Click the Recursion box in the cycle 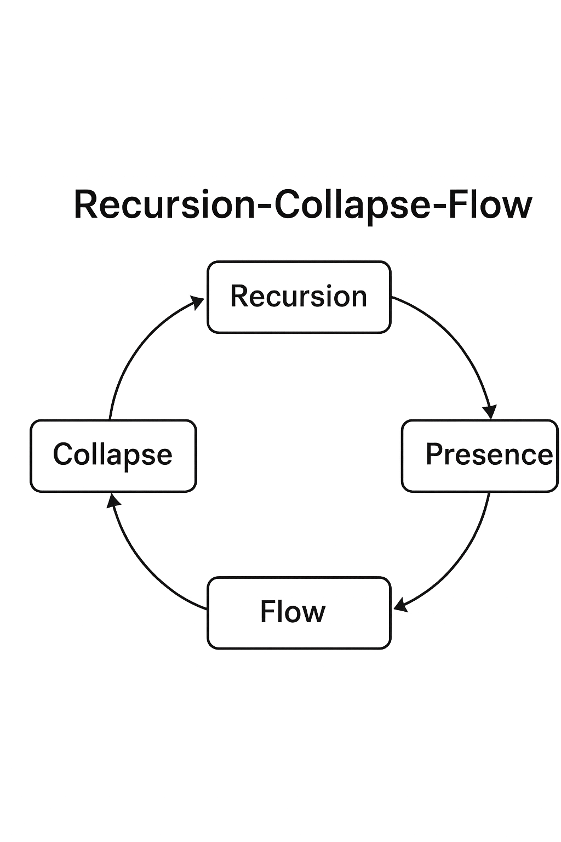click(299, 297)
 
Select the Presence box click(479, 456)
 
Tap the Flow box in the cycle click(299, 612)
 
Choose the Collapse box click(113, 456)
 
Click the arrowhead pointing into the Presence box click(490, 411)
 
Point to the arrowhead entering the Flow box click(400, 605)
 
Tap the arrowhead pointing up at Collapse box click(113, 500)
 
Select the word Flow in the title click(490, 204)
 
